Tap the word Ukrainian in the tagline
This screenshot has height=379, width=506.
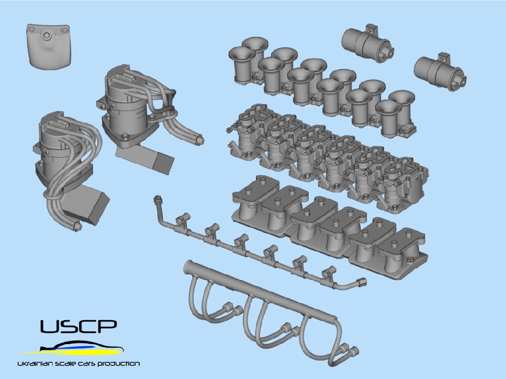pyautogui.click(x=33, y=364)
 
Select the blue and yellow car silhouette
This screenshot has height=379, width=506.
pyautogui.click(x=72, y=348)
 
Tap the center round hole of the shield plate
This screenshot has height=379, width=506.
pyautogui.click(x=47, y=35)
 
